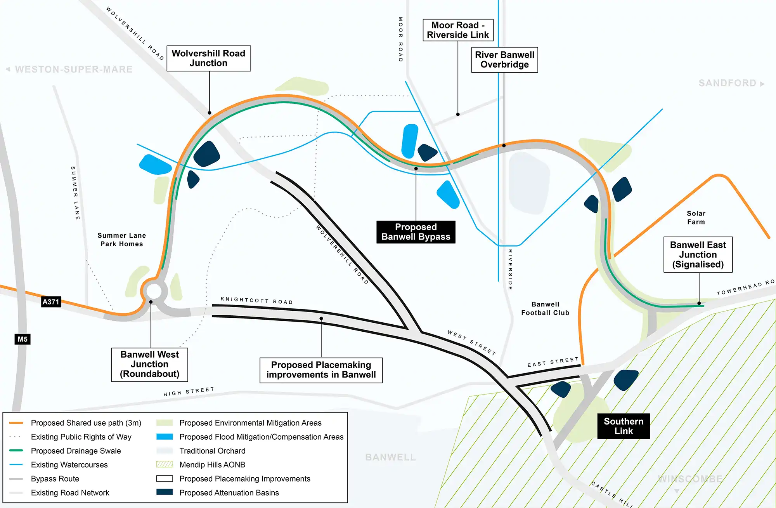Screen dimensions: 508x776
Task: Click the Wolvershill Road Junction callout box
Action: pos(209,58)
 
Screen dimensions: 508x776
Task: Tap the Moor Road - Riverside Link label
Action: pos(458,30)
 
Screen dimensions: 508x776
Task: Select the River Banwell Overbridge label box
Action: pos(504,60)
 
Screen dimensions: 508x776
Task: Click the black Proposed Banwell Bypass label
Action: pos(416,232)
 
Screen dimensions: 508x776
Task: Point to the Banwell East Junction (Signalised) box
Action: pos(698,254)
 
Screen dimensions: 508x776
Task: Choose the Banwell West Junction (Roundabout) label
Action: pos(149,364)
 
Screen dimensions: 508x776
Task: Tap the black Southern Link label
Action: pos(624,426)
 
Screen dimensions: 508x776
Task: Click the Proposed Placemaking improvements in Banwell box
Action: pos(321,370)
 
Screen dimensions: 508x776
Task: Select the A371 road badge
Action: pos(51,302)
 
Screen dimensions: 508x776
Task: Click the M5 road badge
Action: pos(23,339)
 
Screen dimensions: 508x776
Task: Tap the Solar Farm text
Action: pos(696,218)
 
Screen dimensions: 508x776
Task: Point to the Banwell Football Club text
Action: pos(545,309)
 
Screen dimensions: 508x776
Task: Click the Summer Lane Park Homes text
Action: pos(121,240)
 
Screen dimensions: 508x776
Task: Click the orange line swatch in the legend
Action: pos(16,423)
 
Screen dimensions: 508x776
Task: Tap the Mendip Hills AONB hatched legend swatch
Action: pos(165,465)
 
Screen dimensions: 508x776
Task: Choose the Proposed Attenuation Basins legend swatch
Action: pos(165,492)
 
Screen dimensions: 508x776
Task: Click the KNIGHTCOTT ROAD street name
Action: pos(256,300)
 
